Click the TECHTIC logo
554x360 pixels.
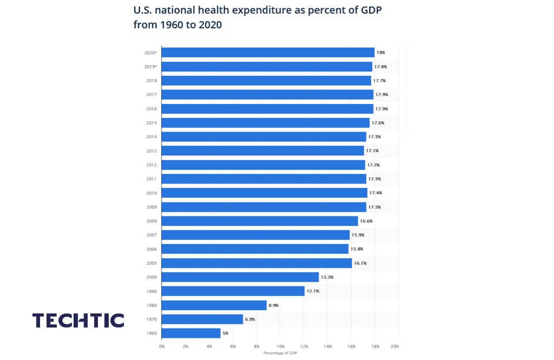[78, 320]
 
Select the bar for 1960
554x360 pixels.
[191, 333]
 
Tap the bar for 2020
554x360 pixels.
[268, 53]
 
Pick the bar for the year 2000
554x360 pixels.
[240, 277]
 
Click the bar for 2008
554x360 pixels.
[260, 221]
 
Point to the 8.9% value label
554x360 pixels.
[274, 305]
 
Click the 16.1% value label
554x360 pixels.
[360, 263]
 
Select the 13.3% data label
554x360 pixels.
[326, 277]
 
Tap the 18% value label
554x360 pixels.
[380, 53]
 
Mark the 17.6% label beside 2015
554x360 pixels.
[378, 123]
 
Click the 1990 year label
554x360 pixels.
[151, 291]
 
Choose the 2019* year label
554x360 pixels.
[150, 67]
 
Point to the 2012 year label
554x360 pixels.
[151, 165]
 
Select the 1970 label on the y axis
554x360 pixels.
[151, 319]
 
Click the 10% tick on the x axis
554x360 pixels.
[280, 345]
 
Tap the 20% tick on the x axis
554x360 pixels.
[395, 345]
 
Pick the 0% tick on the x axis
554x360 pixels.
[162, 345]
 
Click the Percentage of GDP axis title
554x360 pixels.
[280, 352]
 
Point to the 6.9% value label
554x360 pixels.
[250, 319]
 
